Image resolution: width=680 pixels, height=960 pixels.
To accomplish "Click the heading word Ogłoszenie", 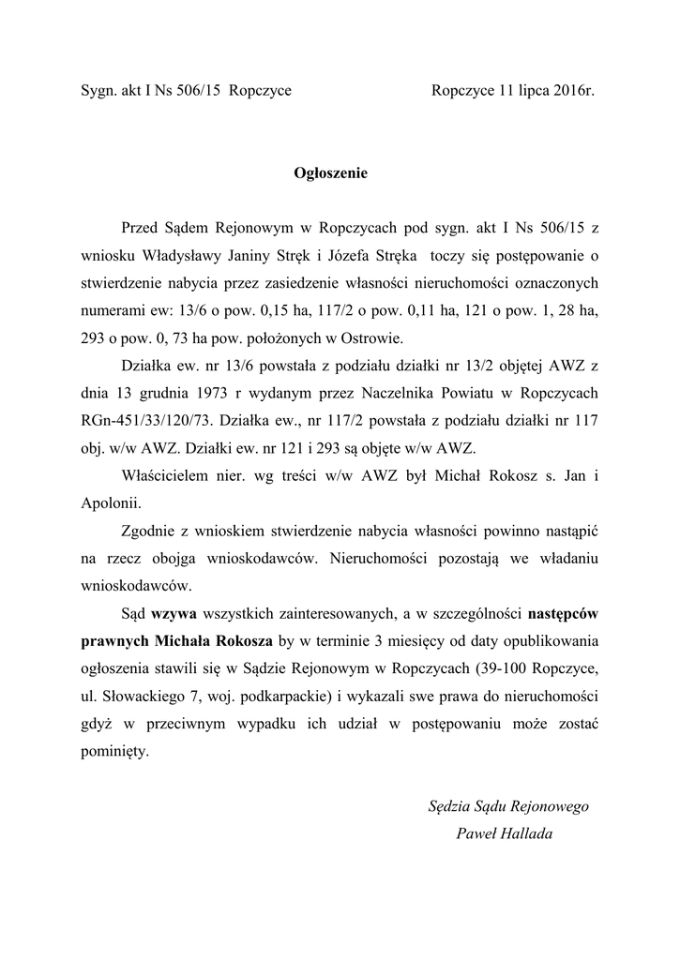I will click(x=331, y=172).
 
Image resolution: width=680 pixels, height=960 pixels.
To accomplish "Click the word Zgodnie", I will click(x=152, y=531).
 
